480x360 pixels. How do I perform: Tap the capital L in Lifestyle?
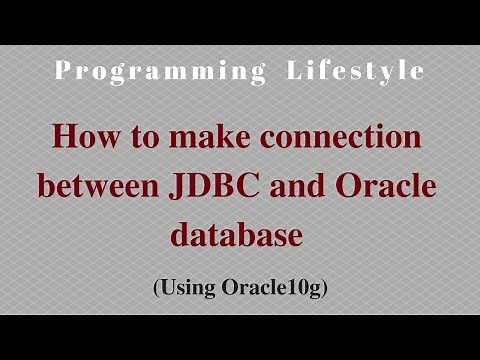(x=292, y=72)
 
